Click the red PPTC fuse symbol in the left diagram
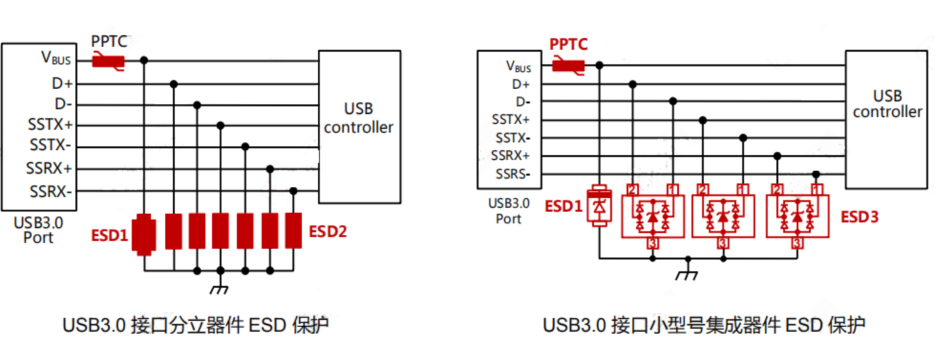pyautogui.click(x=107, y=62)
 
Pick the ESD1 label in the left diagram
pyautogui.click(x=112, y=237)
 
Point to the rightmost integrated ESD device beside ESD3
pyautogui.click(x=796, y=213)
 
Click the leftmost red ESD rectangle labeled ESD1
pyautogui.click(x=146, y=232)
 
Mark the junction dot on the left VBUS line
pyautogui.click(x=146, y=61)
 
